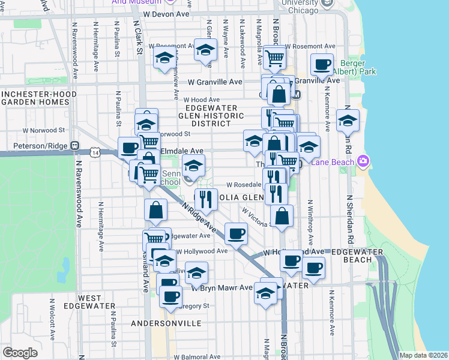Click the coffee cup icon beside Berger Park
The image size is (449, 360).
coord(322,65)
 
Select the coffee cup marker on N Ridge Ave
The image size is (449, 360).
coord(236,233)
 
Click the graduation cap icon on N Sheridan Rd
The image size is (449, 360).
coord(348,121)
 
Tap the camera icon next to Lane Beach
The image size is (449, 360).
coord(362,161)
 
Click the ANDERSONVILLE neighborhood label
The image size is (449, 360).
coord(166,323)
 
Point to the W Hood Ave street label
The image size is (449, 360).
coord(202,100)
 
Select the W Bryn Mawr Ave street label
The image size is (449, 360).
coord(222,287)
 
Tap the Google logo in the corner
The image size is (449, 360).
coord(20,353)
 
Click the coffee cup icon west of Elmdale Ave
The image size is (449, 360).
coord(128,148)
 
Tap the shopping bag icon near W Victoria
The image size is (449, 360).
coord(282,215)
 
